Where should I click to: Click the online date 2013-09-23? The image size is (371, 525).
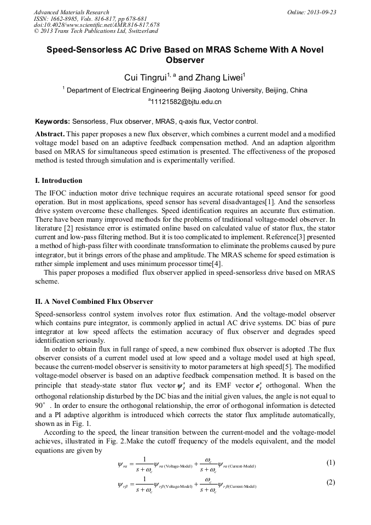pyautogui.click(x=320, y=12)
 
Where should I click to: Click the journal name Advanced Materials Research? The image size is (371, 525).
pyautogui.click(x=72, y=12)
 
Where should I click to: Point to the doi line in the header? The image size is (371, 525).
pyautogui.click(x=96, y=25)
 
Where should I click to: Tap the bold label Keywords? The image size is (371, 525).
pyautogui.click(x=53, y=122)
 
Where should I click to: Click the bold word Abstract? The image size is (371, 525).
pyautogui.click(x=50, y=134)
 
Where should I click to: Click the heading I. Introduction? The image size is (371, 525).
pyautogui.click(x=59, y=181)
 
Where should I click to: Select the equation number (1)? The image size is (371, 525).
pyautogui.click(x=331, y=463)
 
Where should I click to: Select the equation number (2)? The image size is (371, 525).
pyautogui.click(x=331, y=482)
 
